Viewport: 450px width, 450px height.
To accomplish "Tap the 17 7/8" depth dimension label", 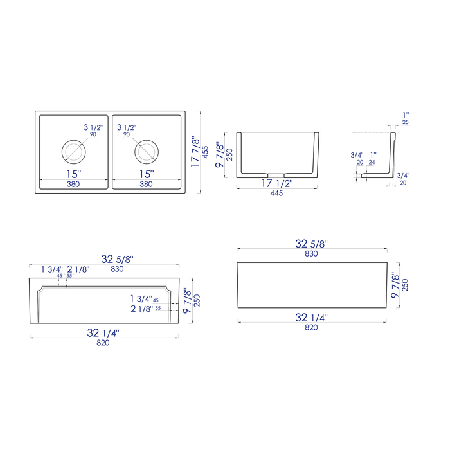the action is tap(195, 152).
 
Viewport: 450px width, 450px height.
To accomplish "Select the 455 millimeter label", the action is tap(206, 152).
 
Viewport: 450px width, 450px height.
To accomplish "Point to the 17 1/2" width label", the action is tap(277, 183).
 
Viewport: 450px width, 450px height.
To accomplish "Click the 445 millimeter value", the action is tap(276, 193).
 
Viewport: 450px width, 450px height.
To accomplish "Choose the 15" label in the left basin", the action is tap(74, 174).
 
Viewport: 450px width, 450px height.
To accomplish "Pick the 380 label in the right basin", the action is tap(146, 184).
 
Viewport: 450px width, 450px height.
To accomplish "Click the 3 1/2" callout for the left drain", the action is tap(93, 127).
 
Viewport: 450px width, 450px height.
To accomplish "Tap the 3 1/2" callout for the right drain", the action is tap(127, 127).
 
